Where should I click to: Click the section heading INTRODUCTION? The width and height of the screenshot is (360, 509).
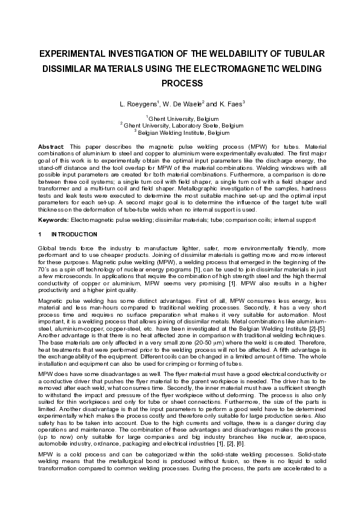click(74, 234)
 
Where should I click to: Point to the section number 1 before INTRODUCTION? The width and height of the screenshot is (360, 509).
click(39, 234)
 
